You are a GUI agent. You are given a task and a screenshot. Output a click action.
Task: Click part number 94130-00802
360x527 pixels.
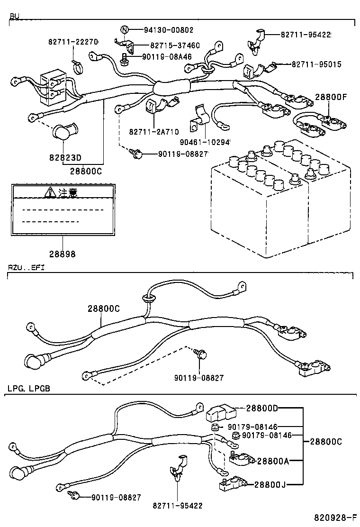pos(169,30)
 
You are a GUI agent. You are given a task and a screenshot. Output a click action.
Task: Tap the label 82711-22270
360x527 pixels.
pos(72,42)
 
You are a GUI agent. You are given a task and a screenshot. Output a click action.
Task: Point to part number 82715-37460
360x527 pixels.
pos(175,45)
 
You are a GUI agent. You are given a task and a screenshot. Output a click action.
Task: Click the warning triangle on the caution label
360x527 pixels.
pos(50,192)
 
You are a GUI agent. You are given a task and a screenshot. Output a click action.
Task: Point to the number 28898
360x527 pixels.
pos(62,254)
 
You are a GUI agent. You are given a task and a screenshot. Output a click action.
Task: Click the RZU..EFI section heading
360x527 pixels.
pos(25,268)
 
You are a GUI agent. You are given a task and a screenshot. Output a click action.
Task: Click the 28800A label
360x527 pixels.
pos(272,461)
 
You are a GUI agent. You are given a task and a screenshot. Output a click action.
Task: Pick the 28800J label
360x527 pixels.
pos(270,484)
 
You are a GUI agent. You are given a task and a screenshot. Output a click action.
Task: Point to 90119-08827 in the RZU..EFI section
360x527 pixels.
pos(199,378)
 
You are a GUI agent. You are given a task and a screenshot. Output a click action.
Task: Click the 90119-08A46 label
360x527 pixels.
pos(166,56)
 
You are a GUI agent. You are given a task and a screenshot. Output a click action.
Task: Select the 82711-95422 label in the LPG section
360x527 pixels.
pos(178,506)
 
